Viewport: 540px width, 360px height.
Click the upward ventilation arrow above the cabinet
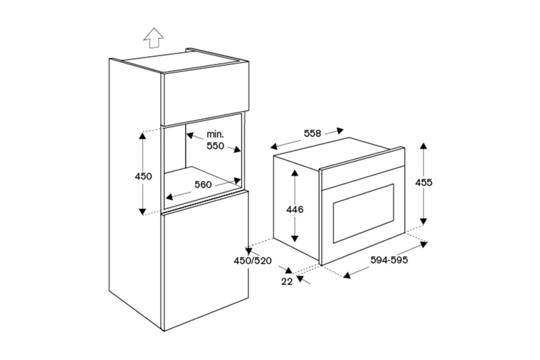click(x=153, y=38)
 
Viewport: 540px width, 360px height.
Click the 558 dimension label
click(x=312, y=133)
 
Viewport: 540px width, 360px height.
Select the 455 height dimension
click(x=423, y=183)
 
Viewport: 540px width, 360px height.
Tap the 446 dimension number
click(x=295, y=210)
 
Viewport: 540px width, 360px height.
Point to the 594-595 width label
click(x=389, y=260)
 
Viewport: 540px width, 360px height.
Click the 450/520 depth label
click(x=252, y=261)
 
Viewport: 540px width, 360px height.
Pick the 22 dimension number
click(x=287, y=281)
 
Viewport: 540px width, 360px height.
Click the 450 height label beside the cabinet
click(x=143, y=176)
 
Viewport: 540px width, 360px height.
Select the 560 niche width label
click(x=203, y=184)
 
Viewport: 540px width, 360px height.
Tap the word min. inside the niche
click(x=215, y=134)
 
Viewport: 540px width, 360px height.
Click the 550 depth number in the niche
click(x=215, y=146)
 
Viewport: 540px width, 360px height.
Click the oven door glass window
click(x=364, y=213)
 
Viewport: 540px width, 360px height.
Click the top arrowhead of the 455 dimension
click(x=423, y=146)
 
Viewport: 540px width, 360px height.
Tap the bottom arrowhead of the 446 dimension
click(x=295, y=238)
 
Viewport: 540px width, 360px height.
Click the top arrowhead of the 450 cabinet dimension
click(x=143, y=136)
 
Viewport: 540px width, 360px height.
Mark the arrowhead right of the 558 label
click(x=340, y=130)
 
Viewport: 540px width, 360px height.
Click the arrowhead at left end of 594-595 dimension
click(x=346, y=275)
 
